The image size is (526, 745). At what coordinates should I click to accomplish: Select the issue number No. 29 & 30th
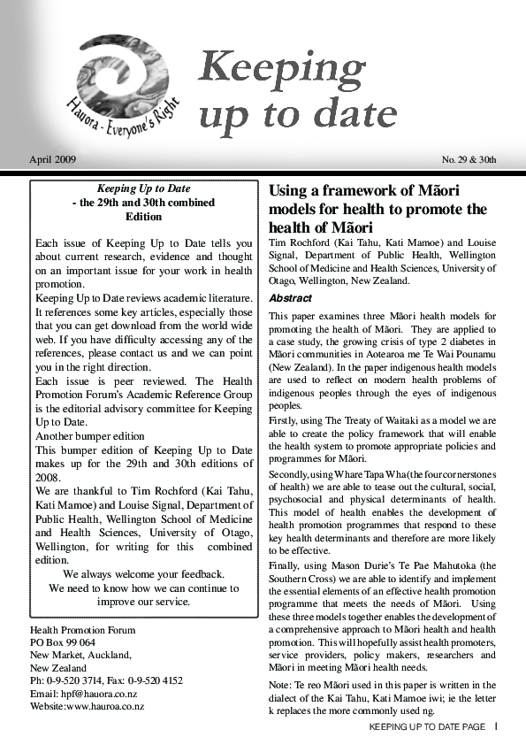pyautogui.click(x=469, y=160)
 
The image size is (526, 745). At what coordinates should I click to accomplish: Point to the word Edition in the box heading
pyautogui.click(x=143, y=216)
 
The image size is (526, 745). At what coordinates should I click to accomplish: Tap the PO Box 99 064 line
pyautogui.click(x=63, y=642)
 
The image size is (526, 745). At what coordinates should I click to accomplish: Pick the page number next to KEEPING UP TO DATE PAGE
pyautogui.click(x=496, y=726)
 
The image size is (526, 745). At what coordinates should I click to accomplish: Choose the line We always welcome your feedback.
pyautogui.click(x=143, y=573)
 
